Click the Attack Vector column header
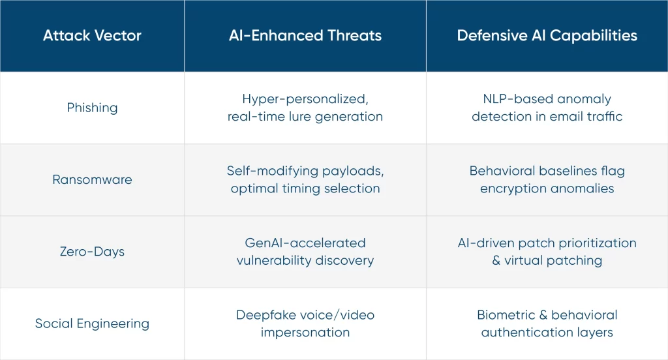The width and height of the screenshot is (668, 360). pyautogui.click(x=92, y=35)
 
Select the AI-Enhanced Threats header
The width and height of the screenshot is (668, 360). pyautogui.click(x=305, y=35)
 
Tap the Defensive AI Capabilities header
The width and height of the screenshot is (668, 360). pyautogui.click(x=547, y=36)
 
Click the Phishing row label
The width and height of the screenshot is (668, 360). pyautogui.click(x=92, y=108)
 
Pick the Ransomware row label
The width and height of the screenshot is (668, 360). pyautogui.click(x=92, y=179)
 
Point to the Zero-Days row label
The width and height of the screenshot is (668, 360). pyautogui.click(x=92, y=251)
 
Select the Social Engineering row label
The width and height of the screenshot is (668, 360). pyautogui.click(x=92, y=323)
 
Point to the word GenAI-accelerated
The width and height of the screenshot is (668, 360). pyautogui.click(x=305, y=243)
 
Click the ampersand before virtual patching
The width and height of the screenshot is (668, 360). pyautogui.click(x=496, y=260)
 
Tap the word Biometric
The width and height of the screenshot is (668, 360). pyautogui.click(x=506, y=315)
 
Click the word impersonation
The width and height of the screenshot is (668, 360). pyautogui.click(x=305, y=333)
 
